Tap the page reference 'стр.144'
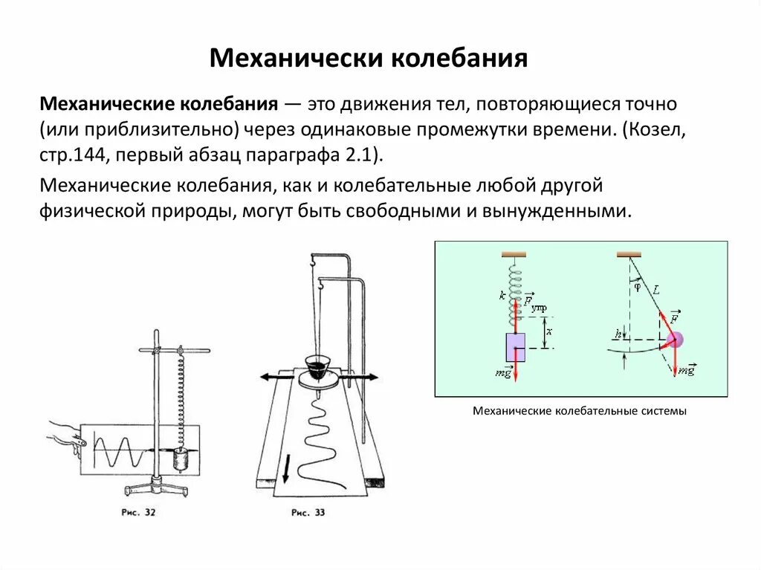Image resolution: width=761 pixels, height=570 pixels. point(69,155)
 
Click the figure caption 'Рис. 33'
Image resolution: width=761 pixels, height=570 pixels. point(308,512)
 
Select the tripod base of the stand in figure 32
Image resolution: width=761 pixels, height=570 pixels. point(155,487)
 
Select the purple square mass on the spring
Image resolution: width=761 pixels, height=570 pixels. point(516,346)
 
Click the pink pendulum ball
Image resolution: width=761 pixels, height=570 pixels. point(674,340)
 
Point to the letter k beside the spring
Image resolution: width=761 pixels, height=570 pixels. point(502,296)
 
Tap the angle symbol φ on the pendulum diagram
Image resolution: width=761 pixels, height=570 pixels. point(637,282)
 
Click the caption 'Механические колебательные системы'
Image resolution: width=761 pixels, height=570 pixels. point(580,410)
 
